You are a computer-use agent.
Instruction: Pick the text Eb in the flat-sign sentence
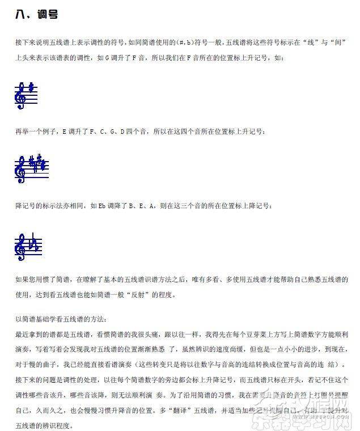pyautogui.click(x=101, y=205)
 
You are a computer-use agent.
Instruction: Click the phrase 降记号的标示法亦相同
pyautogui.click(x=49, y=205)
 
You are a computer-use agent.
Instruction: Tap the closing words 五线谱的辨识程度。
pyautogui.click(x=45, y=425)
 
